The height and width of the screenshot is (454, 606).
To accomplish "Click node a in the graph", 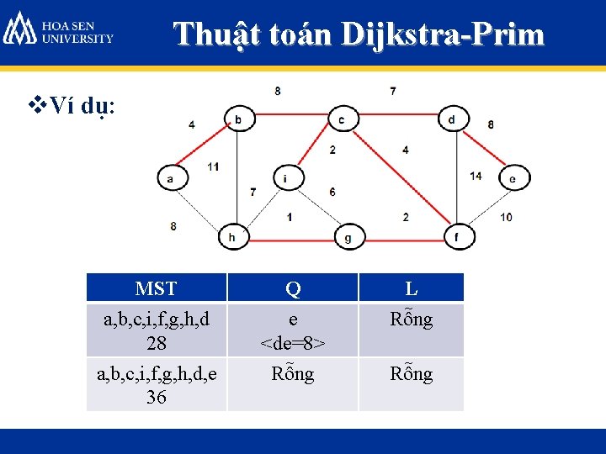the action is tap(170, 178).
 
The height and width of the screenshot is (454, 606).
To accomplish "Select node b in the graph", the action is tap(237, 120).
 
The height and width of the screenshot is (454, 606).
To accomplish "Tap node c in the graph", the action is tap(341, 120).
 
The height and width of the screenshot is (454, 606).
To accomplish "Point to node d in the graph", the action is tap(452, 119).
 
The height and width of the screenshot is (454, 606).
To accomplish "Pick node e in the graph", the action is tap(512, 178).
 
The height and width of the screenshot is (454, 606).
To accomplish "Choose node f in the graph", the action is tap(457, 238).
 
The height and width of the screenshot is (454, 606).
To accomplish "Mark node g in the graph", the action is tap(348, 238).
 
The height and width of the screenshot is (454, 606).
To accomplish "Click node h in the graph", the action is tap(232, 238).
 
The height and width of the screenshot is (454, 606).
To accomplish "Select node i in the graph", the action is tap(285, 178).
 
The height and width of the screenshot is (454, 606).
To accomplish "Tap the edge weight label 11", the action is tap(213, 166).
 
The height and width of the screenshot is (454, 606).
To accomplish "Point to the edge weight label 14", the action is tap(476, 176).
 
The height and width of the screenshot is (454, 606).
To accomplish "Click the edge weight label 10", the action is tap(505, 217).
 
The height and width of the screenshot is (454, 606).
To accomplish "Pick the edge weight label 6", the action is tap(332, 192).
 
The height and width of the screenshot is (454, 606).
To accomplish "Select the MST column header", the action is tap(157, 288).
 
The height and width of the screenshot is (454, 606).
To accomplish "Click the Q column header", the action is tap(293, 288).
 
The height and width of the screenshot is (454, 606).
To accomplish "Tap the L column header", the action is tap(412, 288).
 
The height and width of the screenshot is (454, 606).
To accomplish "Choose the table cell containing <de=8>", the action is tap(293, 330).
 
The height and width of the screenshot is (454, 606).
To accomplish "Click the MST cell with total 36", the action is tap(157, 385).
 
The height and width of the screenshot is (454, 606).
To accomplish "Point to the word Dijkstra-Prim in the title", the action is tap(443, 34).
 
